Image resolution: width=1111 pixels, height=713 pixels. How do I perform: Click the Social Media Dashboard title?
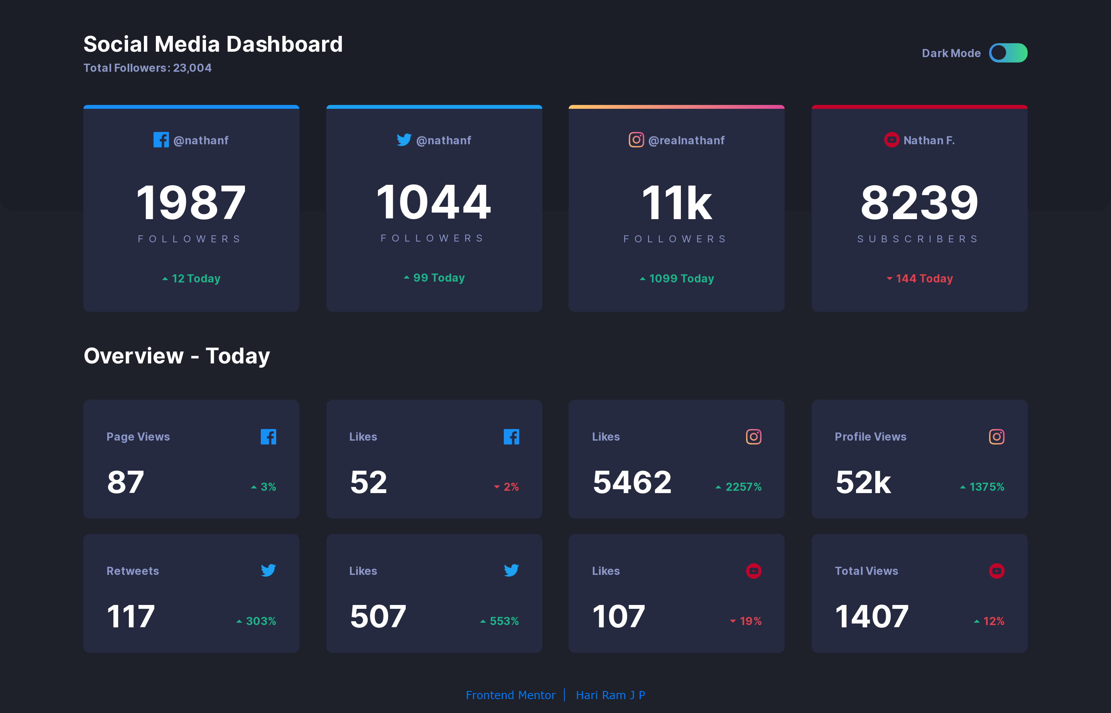pyautogui.click(x=213, y=44)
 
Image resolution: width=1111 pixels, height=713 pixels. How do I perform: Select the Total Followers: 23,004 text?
pyautogui.click(x=147, y=68)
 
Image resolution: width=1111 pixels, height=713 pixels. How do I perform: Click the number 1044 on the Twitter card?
pyautogui.click(x=434, y=202)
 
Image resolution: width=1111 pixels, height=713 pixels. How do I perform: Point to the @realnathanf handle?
pyautogui.click(x=686, y=140)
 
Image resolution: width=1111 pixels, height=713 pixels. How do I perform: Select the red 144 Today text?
pyautogui.click(x=924, y=278)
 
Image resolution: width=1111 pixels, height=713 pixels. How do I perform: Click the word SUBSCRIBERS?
pyautogui.click(x=919, y=239)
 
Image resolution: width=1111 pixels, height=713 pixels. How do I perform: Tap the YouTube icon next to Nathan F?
pyautogui.click(x=891, y=140)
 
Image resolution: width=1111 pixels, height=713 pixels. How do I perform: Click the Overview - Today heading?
pyautogui.click(x=176, y=356)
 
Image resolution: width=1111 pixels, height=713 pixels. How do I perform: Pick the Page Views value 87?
pyautogui.click(x=125, y=482)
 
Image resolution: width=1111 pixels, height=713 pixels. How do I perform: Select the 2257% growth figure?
pyautogui.click(x=743, y=487)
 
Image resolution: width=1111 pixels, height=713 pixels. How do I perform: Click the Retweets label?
pyautogui.click(x=132, y=571)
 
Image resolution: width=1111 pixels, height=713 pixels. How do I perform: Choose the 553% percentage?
pyautogui.click(x=504, y=621)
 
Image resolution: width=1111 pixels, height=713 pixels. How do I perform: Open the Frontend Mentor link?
pyautogui.click(x=510, y=695)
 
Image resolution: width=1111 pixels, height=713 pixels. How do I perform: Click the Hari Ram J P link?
pyautogui.click(x=610, y=695)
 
